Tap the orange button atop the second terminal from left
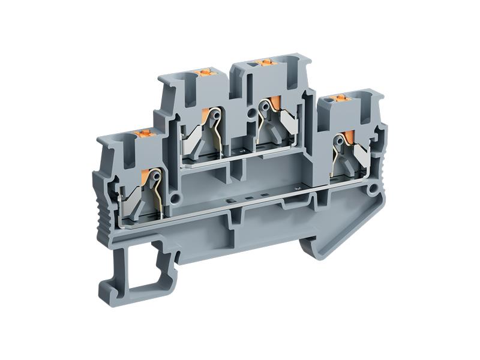[x=205, y=74]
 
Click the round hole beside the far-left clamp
[x=176, y=196]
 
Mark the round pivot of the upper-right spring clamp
[x=263, y=106]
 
